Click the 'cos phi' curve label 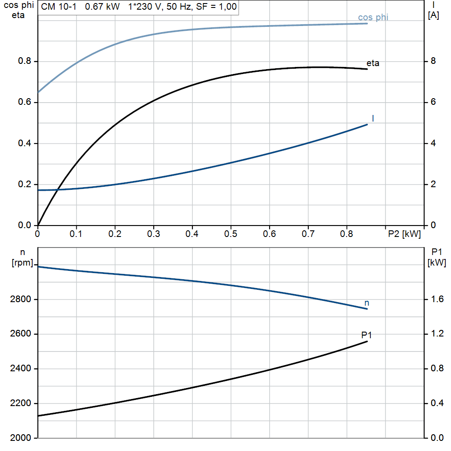pos(373,18)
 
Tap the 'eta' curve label pos(373,63)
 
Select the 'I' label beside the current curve pos(373,118)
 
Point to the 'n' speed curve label pos(367,303)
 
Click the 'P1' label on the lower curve pos(367,335)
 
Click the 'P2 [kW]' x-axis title pos(404,233)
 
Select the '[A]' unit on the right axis pos(433,15)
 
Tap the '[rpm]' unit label pos(22,263)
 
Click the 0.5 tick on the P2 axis pos(230,233)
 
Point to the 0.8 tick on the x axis pos(347,233)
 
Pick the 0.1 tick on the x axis pos(76,233)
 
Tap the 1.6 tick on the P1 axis pos(435,299)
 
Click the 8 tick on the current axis pos(433,61)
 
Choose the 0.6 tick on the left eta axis pos(25,103)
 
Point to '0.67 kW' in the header pos(102,7)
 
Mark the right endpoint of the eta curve pos(367,69)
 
